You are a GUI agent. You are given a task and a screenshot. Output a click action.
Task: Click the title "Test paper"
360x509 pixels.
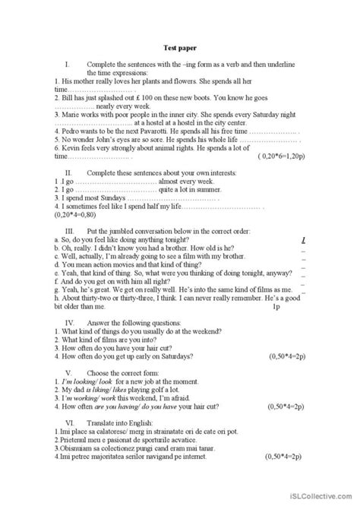[179, 46]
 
